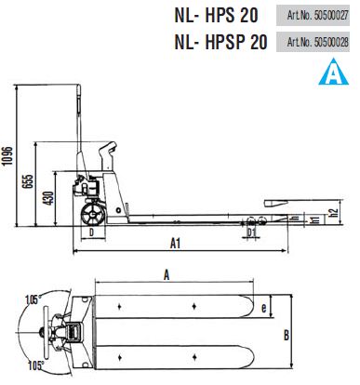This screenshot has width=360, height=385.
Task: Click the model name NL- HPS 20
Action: (216, 15)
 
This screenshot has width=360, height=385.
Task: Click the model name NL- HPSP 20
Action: (220, 42)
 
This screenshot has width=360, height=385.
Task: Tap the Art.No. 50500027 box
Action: (313, 15)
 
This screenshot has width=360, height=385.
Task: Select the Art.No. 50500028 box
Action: (313, 42)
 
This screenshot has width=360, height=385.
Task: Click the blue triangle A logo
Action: (333, 73)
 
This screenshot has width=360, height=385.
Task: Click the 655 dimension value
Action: (27, 181)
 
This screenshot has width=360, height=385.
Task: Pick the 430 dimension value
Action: (48, 198)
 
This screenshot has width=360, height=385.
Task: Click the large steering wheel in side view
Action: (93, 215)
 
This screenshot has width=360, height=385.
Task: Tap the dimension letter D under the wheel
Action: (91, 232)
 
